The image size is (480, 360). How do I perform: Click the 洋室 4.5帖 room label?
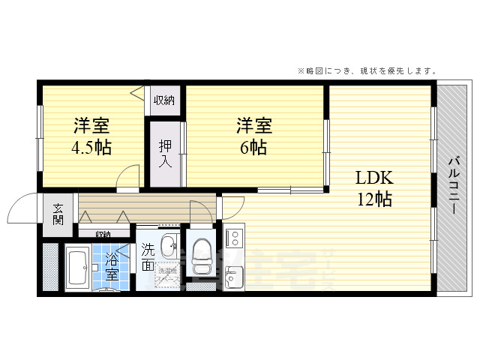[92, 135]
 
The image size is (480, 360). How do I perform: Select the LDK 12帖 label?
[373, 188]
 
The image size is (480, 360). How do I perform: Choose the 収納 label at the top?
[164, 100]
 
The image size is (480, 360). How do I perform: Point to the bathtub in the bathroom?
[77, 267]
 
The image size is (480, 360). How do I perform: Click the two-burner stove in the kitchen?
[232, 238]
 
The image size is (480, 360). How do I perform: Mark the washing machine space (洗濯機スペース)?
[166, 275]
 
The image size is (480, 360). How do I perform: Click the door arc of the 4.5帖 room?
[128, 177]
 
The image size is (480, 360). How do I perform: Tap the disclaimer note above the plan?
[367, 71]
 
